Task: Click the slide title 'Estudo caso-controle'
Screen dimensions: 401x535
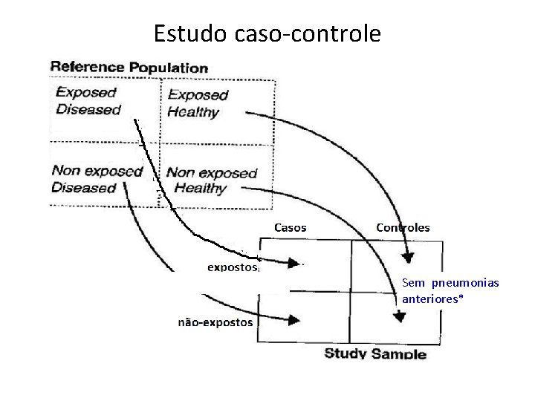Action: click(x=267, y=33)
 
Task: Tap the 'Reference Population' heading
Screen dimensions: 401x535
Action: click(x=129, y=68)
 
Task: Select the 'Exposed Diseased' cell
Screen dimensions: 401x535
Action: click(x=88, y=102)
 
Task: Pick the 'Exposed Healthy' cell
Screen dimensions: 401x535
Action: click(x=197, y=104)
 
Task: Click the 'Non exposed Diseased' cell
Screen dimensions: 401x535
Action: click(x=96, y=179)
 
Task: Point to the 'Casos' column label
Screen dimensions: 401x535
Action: click(x=291, y=227)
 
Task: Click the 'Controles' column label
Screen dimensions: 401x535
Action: click(x=403, y=227)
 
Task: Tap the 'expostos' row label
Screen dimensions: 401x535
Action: click(x=233, y=265)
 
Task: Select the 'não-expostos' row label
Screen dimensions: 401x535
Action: click(x=215, y=322)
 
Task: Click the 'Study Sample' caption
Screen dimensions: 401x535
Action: click(x=375, y=353)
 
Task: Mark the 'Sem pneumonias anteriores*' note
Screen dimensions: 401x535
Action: click(x=450, y=291)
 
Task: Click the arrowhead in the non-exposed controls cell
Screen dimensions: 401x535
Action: click(x=400, y=316)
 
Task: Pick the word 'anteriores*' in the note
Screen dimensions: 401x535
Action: click(x=432, y=299)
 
